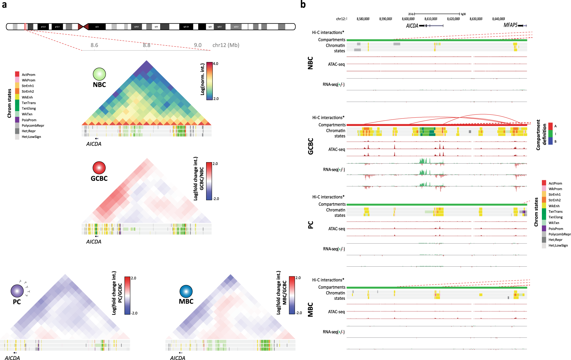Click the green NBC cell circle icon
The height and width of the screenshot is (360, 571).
click(x=99, y=74)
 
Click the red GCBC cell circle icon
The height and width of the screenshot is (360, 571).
click(x=99, y=168)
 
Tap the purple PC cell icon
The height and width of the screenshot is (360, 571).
click(x=17, y=291)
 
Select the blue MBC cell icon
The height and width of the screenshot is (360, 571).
click(x=186, y=291)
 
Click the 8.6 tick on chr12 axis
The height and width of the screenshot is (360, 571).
click(x=94, y=45)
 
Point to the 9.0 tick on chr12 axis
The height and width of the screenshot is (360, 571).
click(x=198, y=45)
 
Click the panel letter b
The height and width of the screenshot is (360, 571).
click(x=303, y=4)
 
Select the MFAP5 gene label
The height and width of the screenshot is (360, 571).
click(x=510, y=25)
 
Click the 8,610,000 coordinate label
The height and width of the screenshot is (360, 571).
click(x=431, y=19)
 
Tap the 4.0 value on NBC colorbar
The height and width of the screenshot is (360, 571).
click(x=216, y=64)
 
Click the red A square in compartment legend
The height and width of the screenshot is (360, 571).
click(x=550, y=126)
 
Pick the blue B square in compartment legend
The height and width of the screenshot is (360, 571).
click(x=550, y=141)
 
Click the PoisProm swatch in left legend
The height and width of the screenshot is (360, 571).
click(x=17, y=120)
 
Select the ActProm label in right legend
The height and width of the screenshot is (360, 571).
click(x=555, y=183)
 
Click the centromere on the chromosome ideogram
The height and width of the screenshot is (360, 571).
click(x=83, y=27)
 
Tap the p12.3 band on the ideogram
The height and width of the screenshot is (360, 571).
click(x=43, y=27)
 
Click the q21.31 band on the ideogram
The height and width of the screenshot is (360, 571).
click(x=186, y=27)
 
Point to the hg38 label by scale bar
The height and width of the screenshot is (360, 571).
click(x=463, y=14)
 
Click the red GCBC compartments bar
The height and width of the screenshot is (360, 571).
click(x=437, y=125)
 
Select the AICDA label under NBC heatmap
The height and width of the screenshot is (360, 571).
click(x=94, y=144)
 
